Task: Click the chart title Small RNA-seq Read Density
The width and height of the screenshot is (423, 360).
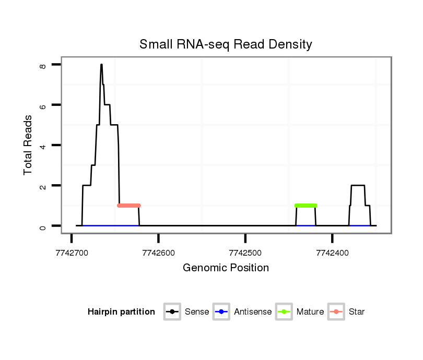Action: pos(226,44)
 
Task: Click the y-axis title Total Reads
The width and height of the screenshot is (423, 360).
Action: pos(28,145)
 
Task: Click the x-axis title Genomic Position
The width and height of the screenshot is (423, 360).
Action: pos(226,268)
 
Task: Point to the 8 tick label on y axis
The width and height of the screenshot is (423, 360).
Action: pos(43,65)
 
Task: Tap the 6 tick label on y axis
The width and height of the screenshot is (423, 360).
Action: pos(43,105)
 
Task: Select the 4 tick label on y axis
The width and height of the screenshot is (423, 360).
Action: pos(43,145)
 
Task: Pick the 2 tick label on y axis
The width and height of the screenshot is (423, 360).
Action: pos(43,186)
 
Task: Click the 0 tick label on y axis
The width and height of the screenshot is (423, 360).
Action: pos(43,226)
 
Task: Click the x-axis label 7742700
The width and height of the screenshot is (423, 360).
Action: pos(71,253)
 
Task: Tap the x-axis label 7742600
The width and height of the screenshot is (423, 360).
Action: pos(158,253)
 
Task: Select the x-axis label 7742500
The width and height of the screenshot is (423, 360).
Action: pos(245,253)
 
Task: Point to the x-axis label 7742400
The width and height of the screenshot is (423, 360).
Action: pos(332,253)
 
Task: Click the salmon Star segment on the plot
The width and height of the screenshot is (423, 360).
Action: pos(129,206)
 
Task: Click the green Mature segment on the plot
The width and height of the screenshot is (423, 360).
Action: pos(305,206)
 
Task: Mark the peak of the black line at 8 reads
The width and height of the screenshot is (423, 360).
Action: pos(101,65)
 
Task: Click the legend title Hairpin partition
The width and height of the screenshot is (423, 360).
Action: pos(121,312)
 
